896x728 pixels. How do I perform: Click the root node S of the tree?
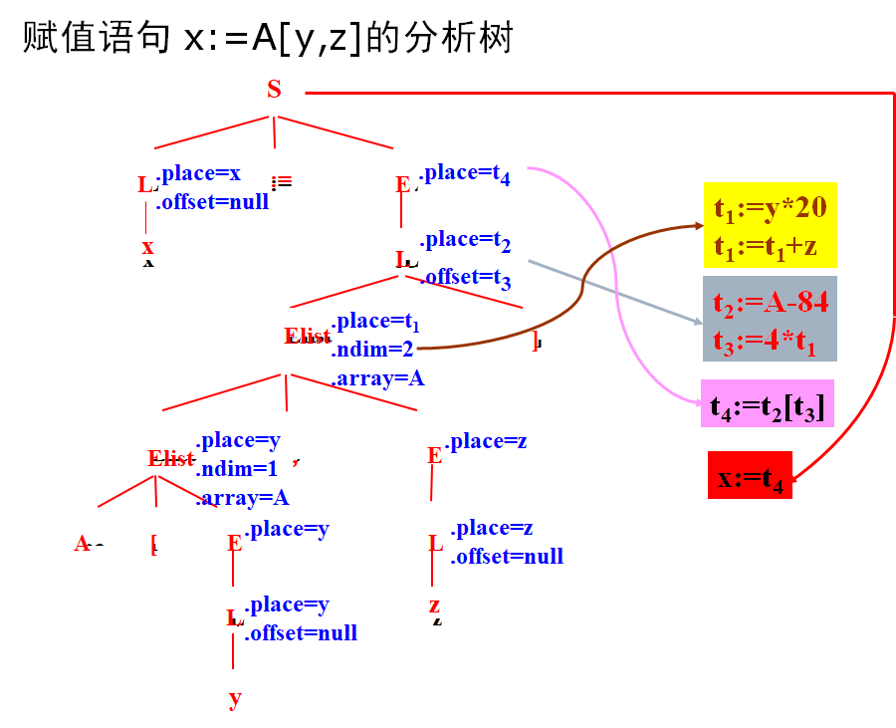click(x=274, y=90)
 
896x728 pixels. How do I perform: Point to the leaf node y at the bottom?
click(x=234, y=698)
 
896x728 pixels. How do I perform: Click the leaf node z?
click(x=434, y=606)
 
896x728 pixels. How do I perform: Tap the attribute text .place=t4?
click(x=465, y=174)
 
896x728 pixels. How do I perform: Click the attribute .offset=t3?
click(x=465, y=278)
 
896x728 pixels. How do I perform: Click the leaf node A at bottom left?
click(x=83, y=544)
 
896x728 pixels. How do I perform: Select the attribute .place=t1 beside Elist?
click(x=375, y=322)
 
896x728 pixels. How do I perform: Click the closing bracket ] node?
click(x=535, y=341)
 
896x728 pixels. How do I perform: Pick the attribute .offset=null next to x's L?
click(x=212, y=201)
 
